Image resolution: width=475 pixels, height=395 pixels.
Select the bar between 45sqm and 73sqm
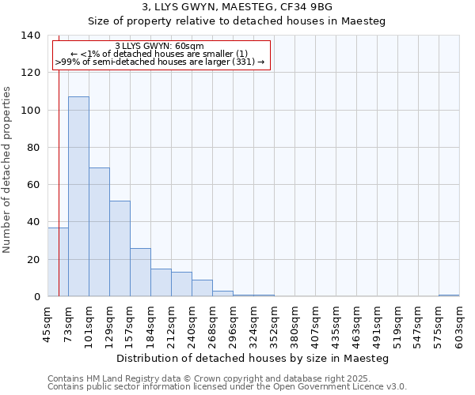(58, 261)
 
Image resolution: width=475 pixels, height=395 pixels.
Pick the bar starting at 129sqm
(120, 248)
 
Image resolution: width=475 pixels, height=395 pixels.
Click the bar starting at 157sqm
(140, 272)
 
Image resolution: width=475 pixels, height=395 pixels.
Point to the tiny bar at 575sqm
(449, 295)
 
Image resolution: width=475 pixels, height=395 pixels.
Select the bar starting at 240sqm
(202, 288)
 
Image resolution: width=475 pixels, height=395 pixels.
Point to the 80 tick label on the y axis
(32, 148)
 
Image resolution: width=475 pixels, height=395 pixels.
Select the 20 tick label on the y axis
(32, 260)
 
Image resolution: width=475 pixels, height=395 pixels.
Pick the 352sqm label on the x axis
(274, 325)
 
